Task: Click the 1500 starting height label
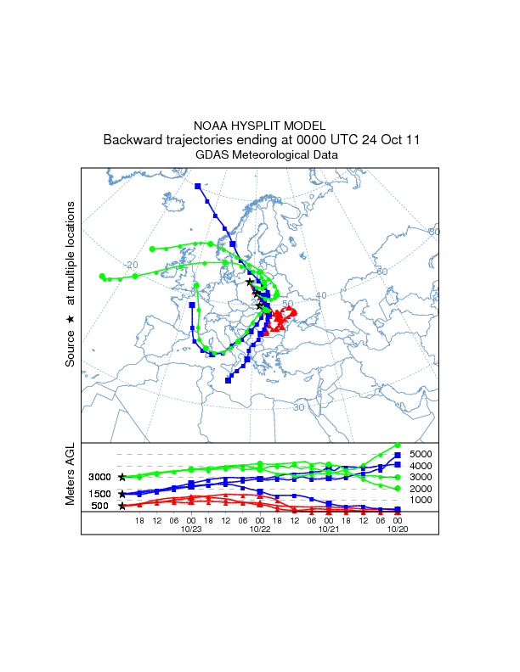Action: point(101,494)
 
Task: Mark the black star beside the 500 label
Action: point(122,506)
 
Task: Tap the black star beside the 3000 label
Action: point(122,478)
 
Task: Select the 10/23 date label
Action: point(191,528)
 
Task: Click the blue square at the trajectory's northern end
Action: point(197,186)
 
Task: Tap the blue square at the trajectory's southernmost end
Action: point(228,381)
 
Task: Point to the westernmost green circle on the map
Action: point(101,276)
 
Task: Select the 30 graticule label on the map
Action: point(298,407)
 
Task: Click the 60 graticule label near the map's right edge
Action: point(434,231)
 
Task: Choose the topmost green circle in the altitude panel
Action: point(398,445)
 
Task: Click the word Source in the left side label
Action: point(71,349)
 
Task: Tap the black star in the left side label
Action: point(71,317)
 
